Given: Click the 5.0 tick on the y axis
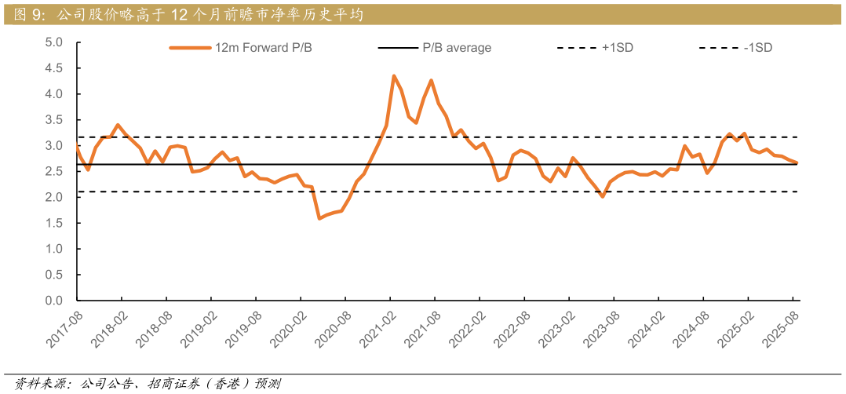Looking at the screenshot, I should point(53,42).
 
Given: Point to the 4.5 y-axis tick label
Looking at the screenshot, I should point(53,68).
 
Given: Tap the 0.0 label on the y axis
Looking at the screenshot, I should point(53,301).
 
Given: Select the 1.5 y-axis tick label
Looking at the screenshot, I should point(53,223).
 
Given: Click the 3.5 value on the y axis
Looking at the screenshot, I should point(53,120).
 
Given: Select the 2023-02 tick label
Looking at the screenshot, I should point(555,330).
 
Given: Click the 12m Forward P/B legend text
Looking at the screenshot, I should point(264,48).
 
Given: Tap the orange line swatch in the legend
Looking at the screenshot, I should point(191,48).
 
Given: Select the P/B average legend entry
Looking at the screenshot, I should point(457,48).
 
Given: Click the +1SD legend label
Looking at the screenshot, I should point(618,48).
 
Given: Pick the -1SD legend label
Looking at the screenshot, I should point(758,48).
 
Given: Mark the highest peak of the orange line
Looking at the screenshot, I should point(394,75).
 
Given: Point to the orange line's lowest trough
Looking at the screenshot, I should point(319,218).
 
